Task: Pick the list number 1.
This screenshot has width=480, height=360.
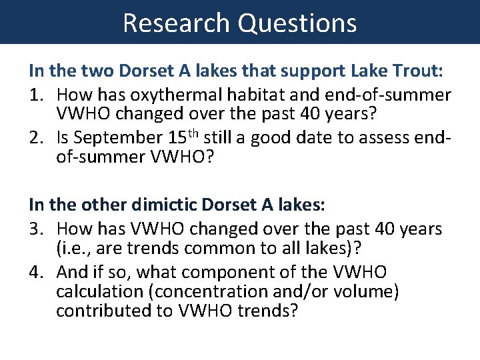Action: point(36,95)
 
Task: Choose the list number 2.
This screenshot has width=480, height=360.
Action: point(36,138)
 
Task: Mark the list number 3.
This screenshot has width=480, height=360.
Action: point(36,229)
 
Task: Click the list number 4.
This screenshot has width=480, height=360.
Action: point(36,272)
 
